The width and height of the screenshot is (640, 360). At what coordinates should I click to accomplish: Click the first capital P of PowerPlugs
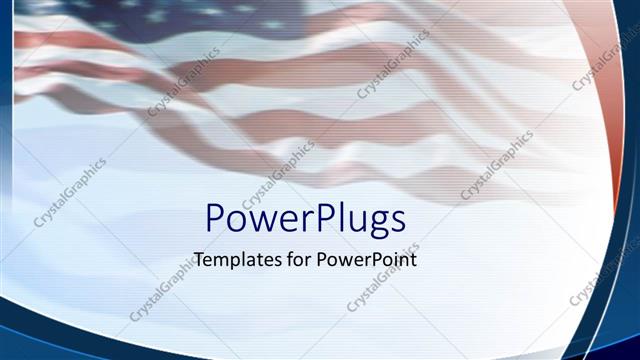(214, 218)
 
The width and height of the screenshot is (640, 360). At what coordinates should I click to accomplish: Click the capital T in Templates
(199, 258)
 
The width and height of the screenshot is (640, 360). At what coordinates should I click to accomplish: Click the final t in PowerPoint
(412, 259)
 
